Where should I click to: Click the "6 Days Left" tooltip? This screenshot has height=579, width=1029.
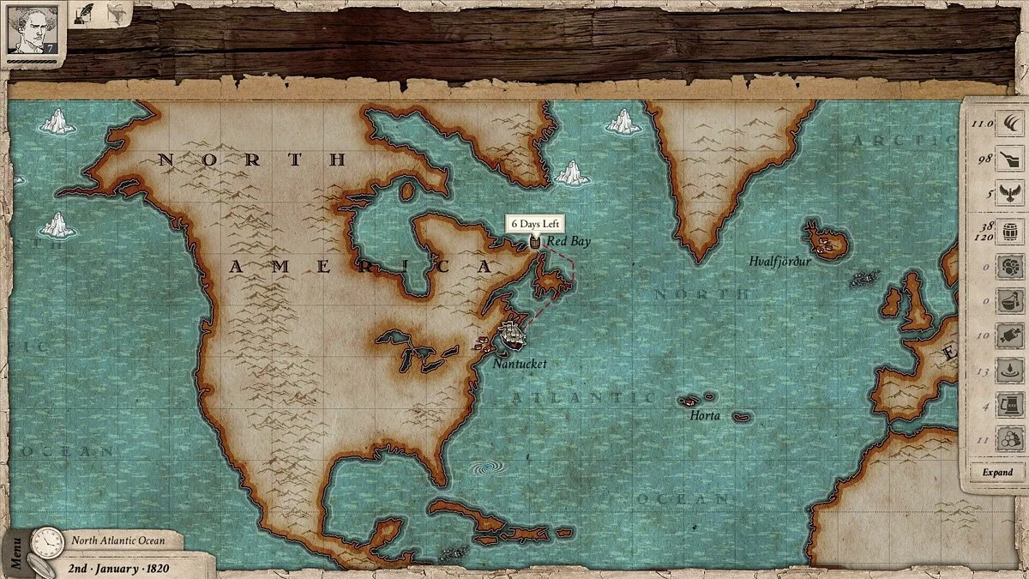pyautogui.click(x=535, y=225)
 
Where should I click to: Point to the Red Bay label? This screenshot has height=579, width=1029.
pyautogui.click(x=568, y=242)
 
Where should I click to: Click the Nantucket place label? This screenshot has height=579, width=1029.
pyautogui.click(x=520, y=364)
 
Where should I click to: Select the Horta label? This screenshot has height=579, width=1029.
pyautogui.click(x=705, y=416)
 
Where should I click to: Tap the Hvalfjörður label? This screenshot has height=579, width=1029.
pyautogui.click(x=779, y=261)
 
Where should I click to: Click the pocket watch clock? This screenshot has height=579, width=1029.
pyautogui.click(x=46, y=542)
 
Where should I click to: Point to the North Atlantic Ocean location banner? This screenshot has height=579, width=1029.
pyautogui.click(x=117, y=540)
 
